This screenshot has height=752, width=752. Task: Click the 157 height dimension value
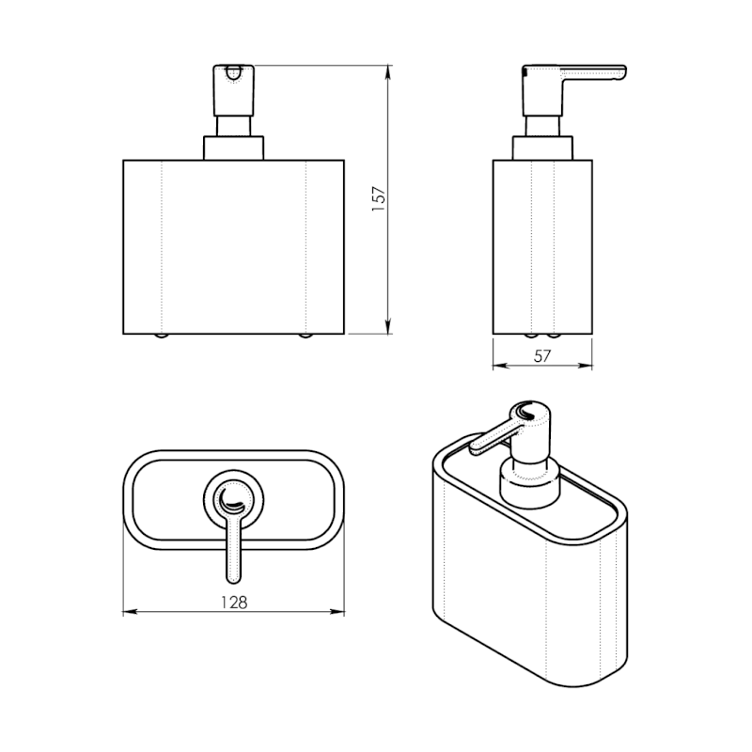379,199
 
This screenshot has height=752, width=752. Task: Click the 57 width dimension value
542,356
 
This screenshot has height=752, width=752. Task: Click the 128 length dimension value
234,603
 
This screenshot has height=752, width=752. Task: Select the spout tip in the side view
621,72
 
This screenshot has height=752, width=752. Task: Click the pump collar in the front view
233,148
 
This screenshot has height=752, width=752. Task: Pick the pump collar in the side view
542,148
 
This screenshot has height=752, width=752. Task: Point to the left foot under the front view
162,336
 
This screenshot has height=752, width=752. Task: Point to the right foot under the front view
305,336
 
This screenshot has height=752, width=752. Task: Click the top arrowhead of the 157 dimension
388,71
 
